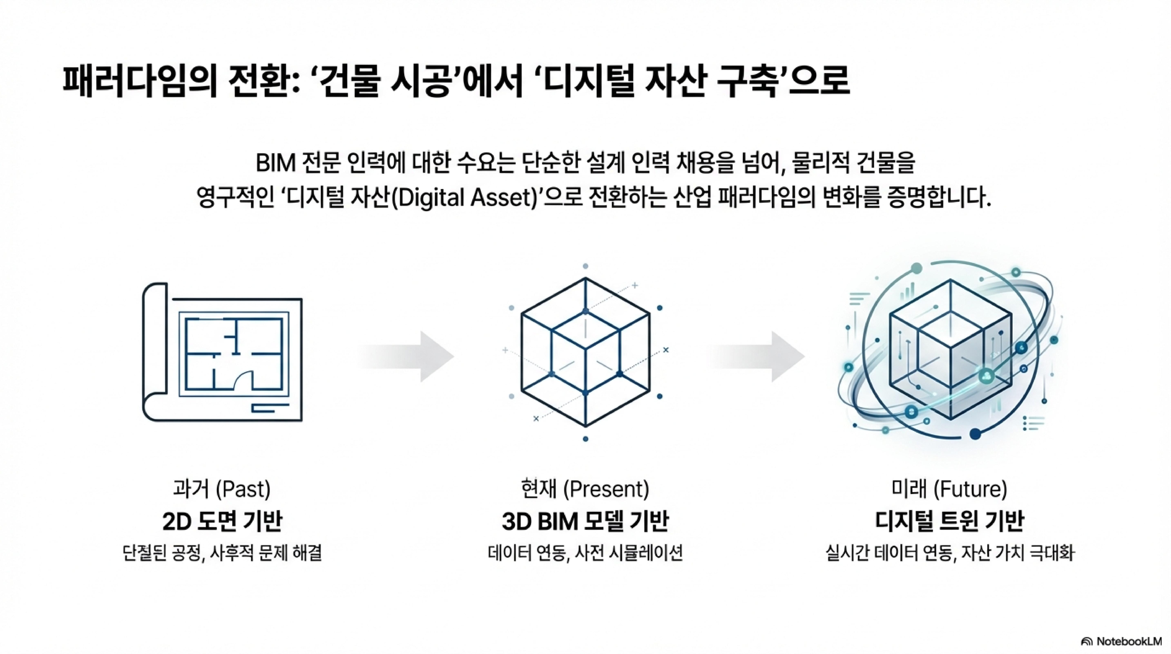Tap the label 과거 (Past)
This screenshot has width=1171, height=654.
pyautogui.click(x=222, y=489)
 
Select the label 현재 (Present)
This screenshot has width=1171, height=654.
pyautogui.click(x=585, y=489)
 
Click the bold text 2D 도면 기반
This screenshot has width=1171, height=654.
pyautogui.click(x=222, y=522)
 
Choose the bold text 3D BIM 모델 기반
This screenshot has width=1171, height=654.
pyautogui.click(x=585, y=522)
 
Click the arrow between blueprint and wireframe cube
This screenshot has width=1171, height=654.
pyautogui.click(x=409, y=356)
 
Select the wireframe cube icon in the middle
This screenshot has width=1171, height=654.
pyautogui.click(x=585, y=353)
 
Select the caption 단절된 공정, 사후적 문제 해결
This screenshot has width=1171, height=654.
pyautogui.click(x=222, y=553)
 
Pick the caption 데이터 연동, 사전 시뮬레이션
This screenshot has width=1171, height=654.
pyautogui.click(x=585, y=553)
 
